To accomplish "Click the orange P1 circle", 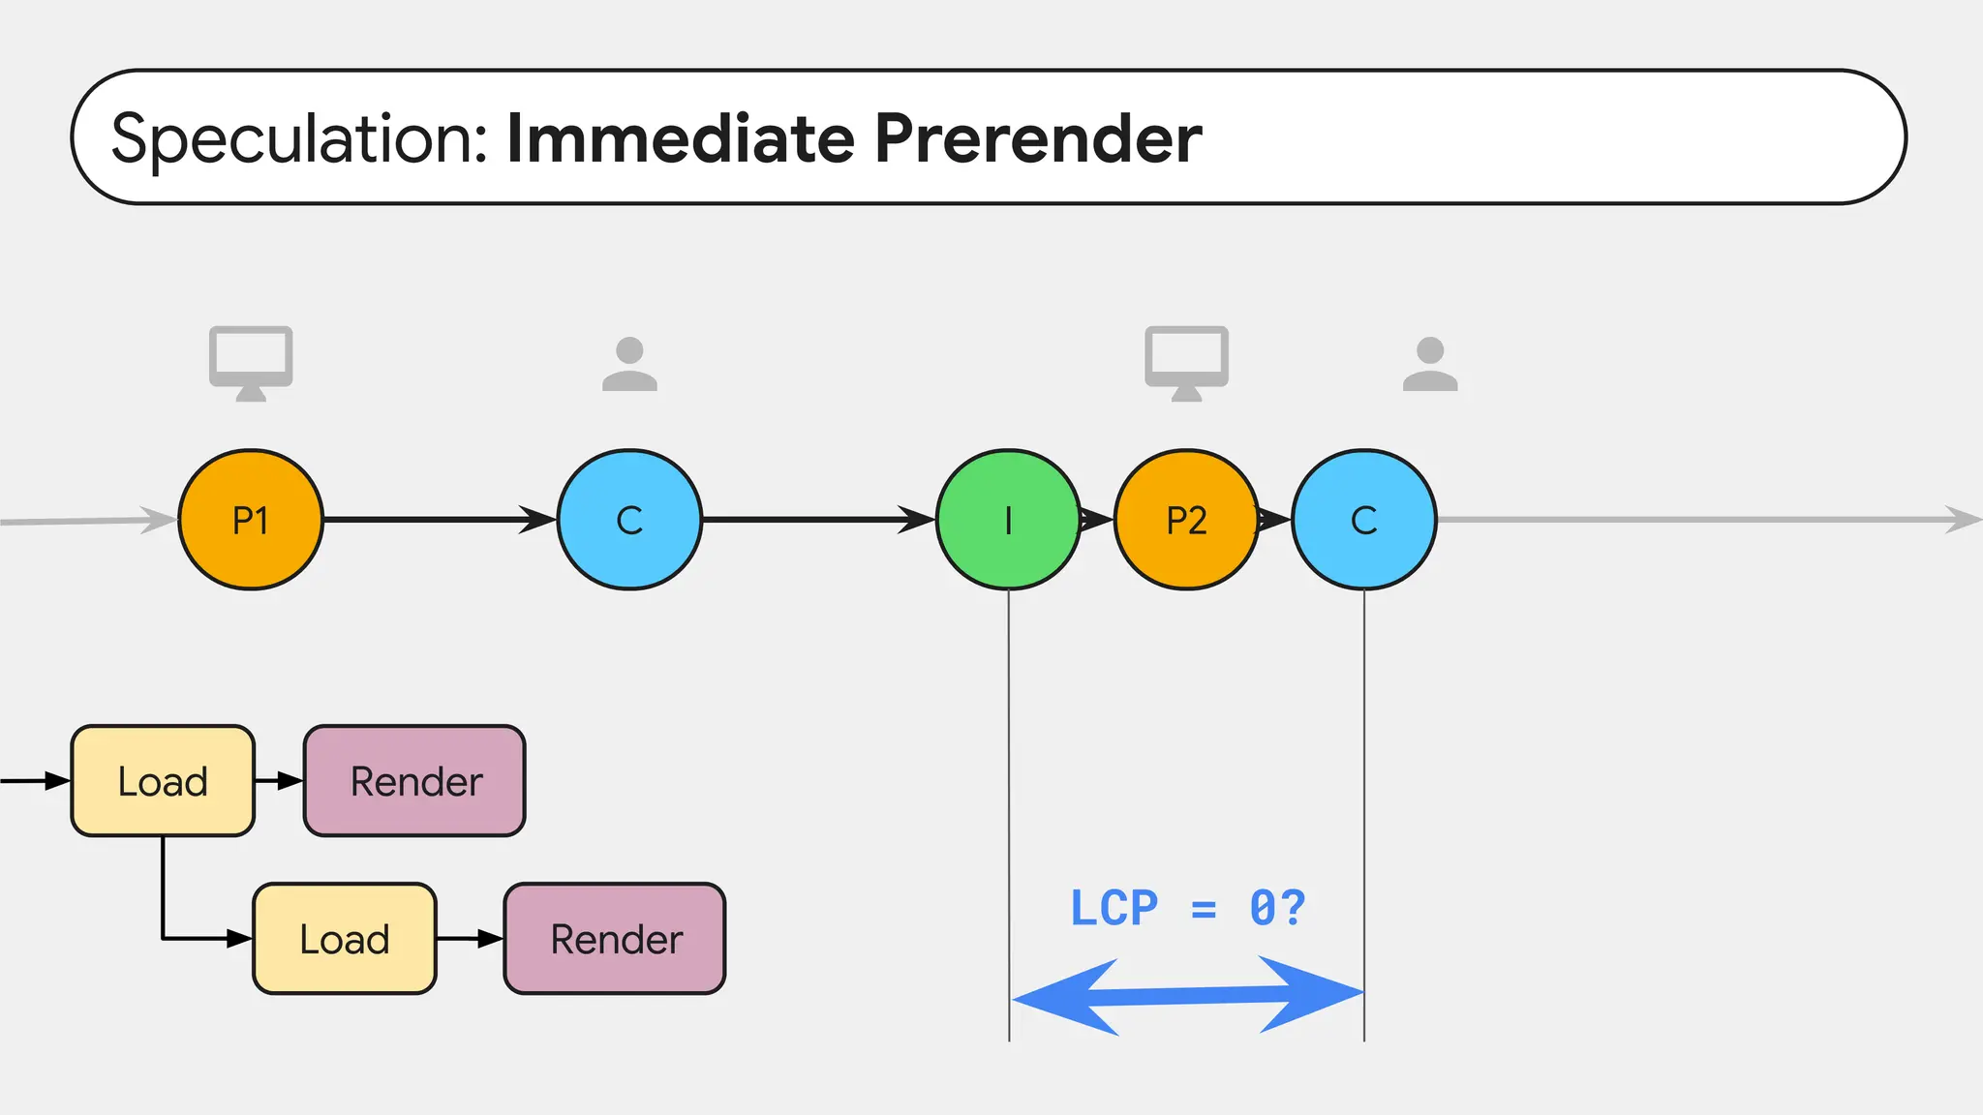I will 251,520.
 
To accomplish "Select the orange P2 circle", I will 1186,520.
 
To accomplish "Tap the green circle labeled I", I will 1008,520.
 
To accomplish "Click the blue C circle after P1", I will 629,520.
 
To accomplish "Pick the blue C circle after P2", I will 1363,520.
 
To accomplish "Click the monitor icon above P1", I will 251,362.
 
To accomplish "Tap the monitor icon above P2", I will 1186,362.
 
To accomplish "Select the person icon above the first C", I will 629,365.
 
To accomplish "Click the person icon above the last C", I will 1430,365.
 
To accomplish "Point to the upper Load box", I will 163,781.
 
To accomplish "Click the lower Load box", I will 345,939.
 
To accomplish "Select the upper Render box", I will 415,781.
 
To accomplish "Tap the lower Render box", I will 615,939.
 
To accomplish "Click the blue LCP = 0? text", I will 1187,908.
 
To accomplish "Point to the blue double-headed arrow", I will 1187,996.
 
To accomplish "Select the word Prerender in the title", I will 1038,138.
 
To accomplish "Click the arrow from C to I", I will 818,520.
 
